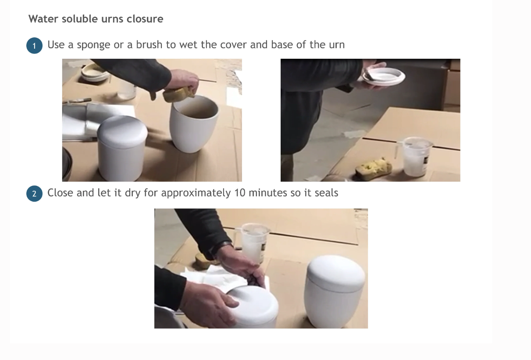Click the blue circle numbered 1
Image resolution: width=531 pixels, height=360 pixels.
[34, 46]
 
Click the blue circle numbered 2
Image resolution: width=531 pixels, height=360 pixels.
[34, 194]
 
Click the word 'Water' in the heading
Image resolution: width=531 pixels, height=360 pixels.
[43, 19]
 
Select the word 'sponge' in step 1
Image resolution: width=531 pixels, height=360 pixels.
[93, 45]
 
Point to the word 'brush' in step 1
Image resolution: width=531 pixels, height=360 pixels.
[149, 45]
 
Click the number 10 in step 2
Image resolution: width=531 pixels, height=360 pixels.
[240, 192]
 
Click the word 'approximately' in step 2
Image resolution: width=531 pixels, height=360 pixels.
[196, 193]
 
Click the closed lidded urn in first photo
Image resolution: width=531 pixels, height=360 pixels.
[122, 148]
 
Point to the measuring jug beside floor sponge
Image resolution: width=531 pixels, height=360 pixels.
[415, 157]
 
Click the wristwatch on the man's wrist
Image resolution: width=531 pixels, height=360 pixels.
[219, 250]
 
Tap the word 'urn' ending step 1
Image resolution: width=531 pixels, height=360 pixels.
[337, 45]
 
